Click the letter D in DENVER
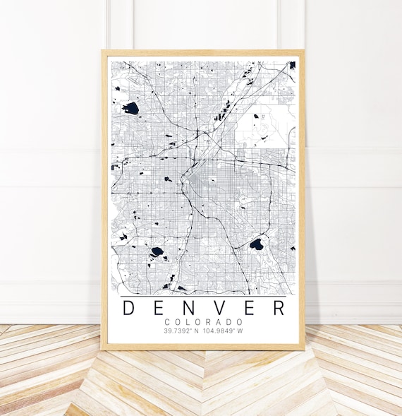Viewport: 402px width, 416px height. [129, 308]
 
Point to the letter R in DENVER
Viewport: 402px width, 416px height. [279, 308]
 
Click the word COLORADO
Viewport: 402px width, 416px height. [204, 322]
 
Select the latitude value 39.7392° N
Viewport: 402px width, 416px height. [183, 331]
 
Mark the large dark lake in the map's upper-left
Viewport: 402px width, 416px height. [130, 108]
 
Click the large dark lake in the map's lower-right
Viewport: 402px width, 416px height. [256, 244]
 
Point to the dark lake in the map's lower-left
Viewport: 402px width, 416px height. [157, 251]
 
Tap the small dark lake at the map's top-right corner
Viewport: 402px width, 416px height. [291, 65]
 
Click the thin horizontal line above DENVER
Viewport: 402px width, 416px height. [204, 295]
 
